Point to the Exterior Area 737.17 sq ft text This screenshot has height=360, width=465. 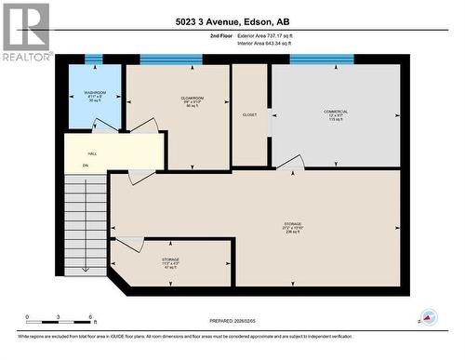pos(265,35)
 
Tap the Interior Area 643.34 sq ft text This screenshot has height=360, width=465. pos(265,43)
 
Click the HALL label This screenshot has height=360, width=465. pos(92,153)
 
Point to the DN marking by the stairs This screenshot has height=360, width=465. pos(85,166)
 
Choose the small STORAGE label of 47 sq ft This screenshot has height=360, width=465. pos(170,262)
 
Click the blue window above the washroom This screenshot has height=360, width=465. pos(94,60)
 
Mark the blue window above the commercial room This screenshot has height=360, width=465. pos(321,60)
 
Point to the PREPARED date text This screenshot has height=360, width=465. pos(232,321)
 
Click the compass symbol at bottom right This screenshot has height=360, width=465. pos(429,317)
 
